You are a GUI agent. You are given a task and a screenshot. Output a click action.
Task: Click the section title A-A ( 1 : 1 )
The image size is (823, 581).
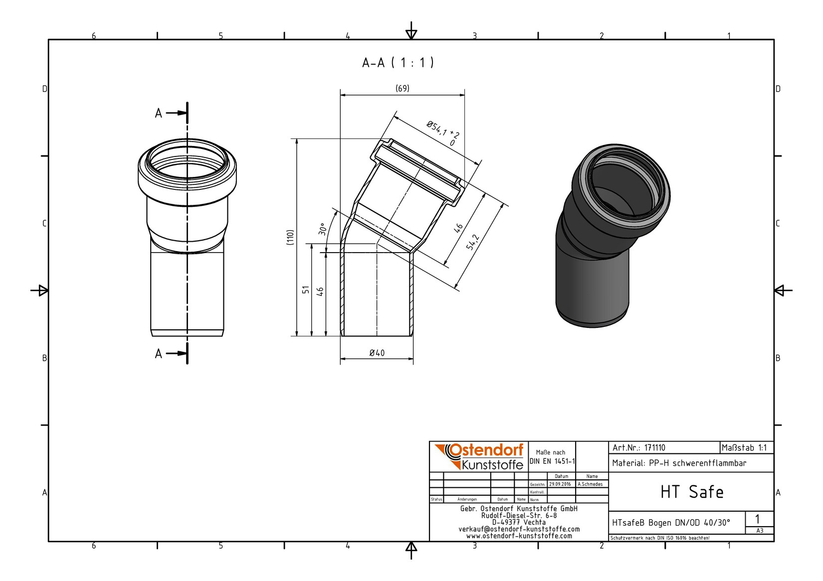point(398,63)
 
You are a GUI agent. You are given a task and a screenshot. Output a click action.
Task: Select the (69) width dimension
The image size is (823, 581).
point(403,89)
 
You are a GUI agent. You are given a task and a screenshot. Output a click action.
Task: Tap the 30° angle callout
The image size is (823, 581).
point(323,229)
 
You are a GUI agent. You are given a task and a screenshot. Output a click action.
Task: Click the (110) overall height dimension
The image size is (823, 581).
point(291,238)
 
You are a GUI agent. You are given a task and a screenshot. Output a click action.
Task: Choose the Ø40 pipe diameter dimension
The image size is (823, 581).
point(377,353)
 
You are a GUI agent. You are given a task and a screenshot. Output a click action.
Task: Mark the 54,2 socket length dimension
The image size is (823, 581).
point(473,242)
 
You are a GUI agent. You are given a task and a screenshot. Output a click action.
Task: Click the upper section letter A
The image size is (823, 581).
point(158,113)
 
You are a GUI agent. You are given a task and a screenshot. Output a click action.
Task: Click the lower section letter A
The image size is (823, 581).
point(158,354)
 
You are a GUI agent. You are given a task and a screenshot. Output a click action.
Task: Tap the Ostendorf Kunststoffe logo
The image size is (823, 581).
point(479,457)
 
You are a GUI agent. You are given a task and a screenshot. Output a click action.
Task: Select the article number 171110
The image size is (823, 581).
point(655,448)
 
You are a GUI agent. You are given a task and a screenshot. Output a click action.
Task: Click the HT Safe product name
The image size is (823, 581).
point(692,492)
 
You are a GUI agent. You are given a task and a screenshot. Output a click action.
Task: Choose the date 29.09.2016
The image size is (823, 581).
point(560,484)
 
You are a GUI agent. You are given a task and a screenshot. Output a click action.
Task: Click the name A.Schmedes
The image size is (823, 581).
point(590,484)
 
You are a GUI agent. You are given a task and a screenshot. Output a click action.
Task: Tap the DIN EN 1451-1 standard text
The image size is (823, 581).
point(552,461)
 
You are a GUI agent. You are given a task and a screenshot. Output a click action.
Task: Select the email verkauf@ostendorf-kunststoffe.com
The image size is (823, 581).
point(519,529)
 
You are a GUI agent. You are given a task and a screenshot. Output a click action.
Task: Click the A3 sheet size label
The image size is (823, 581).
point(760,531)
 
